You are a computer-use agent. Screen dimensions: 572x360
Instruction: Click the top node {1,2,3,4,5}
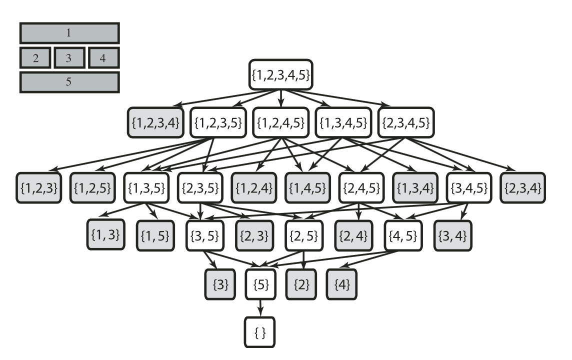[x=280, y=74]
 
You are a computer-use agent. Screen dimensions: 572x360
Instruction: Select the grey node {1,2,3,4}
[x=155, y=122]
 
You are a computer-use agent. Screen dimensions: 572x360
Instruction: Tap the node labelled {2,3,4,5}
[x=406, y=122]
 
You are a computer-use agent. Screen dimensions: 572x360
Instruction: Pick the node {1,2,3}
[x=38, y=188]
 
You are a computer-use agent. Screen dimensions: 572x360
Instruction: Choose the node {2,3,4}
[x=523, y=188]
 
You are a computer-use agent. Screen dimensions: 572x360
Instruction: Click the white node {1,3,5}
[x=146, y=188]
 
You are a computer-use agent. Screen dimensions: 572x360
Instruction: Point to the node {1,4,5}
[x=307, y=188]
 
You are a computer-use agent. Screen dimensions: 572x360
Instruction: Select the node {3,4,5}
[x=469, y=188]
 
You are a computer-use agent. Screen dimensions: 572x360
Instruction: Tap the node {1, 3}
[x=105, y=234]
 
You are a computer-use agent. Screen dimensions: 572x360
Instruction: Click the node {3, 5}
[x=204, y=235]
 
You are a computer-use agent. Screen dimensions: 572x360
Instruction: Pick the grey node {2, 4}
[x=353, y=235]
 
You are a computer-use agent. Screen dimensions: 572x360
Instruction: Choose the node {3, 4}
[x=452, y=235]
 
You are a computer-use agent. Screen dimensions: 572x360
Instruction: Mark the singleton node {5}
[x=260, y=284]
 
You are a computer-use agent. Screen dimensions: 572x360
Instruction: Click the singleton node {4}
[x=341, y=284]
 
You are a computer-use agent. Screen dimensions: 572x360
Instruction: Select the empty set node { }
[x=259, y=332]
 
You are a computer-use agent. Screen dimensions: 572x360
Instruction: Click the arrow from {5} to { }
[x=260, y=308]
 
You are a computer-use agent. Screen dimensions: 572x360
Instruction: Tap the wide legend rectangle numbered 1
[x=69, y=33]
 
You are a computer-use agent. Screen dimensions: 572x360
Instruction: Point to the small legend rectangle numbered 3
[x=69, y=58]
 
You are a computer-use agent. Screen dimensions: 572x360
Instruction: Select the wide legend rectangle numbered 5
[x=69, y=82]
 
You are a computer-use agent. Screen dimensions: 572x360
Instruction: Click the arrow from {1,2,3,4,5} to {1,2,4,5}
[x=280, y=98]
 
